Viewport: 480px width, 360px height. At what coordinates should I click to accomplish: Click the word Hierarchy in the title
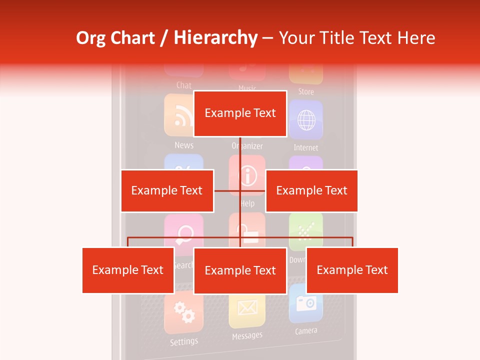(215, 38)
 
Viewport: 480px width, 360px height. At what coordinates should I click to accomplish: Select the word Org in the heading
(91, 38)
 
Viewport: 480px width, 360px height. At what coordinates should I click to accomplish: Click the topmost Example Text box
(240, 113)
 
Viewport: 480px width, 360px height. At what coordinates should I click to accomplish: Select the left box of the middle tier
(167, 190)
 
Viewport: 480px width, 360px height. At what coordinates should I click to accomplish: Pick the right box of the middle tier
(311, 190)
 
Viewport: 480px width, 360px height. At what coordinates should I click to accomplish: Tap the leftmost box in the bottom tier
(128, 270)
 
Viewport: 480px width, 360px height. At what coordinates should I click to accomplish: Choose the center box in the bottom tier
(240, 270)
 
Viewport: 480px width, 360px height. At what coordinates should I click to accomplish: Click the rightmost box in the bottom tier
(352, 270)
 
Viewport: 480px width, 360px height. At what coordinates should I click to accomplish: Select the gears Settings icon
(183, 313)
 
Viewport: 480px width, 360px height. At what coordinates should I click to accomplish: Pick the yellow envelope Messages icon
(247, 309)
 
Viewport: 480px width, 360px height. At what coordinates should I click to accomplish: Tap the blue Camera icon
(306, 303)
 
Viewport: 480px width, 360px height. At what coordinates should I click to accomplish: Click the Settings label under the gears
(184, 342)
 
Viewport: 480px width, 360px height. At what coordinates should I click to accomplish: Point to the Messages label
(247, 336)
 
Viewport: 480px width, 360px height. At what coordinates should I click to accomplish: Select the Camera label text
(306, 331)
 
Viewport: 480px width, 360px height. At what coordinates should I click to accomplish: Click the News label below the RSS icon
(184, 145)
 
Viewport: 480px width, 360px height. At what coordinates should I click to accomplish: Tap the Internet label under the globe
(306, 147)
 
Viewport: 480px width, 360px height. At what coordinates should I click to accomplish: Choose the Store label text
(306, 91)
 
